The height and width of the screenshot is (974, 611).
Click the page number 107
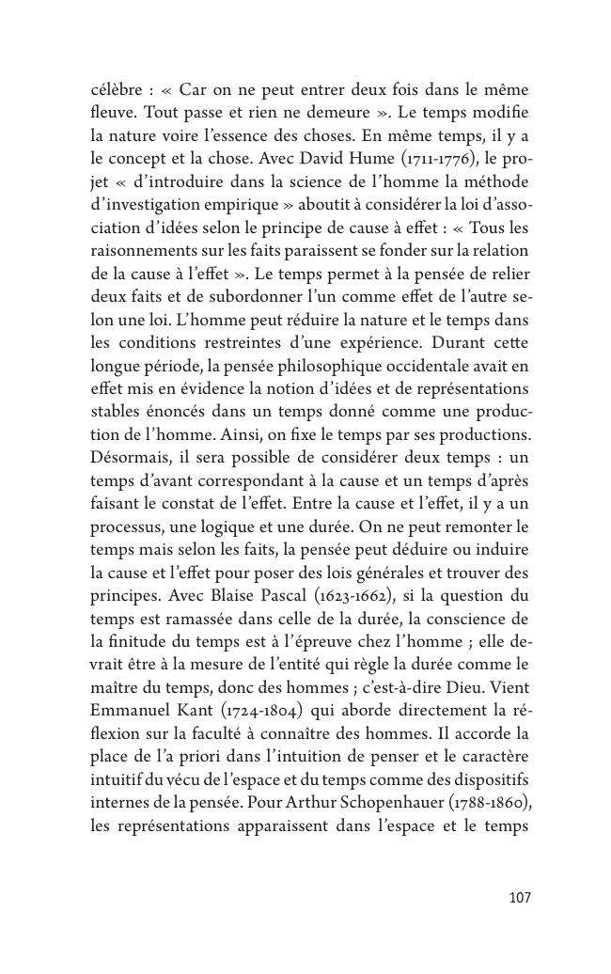(x=520, y=898)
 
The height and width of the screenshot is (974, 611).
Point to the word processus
(x=124, y=525)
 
